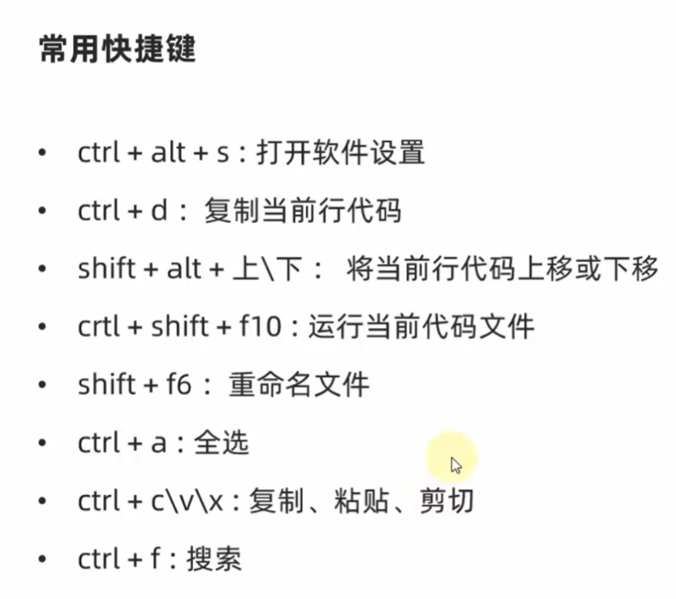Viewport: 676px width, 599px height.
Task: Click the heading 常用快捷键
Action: pos(117,49)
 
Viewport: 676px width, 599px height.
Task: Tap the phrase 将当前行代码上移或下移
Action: pos(503,269)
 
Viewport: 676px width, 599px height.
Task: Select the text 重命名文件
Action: pos(299,385)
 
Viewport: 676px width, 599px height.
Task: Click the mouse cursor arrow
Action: pos(457,465)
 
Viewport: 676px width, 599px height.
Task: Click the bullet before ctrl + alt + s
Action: pos(42,154)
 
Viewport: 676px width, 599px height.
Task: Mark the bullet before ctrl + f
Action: pos(42,561)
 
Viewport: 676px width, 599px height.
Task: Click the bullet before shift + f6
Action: pos(42,386)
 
